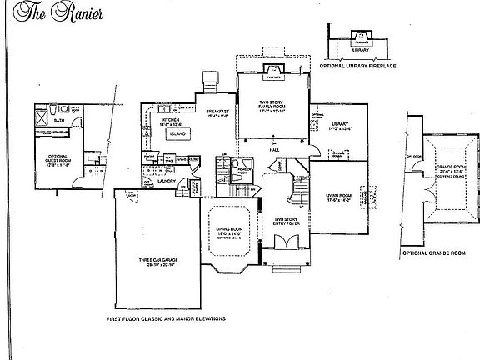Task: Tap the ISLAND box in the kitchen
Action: pyautogui.click(x=177, y=132)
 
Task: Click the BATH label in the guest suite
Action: pyautogui.click(x=57, y=120)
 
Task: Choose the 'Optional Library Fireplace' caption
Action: pyautogui.click(x=358, y=67)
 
